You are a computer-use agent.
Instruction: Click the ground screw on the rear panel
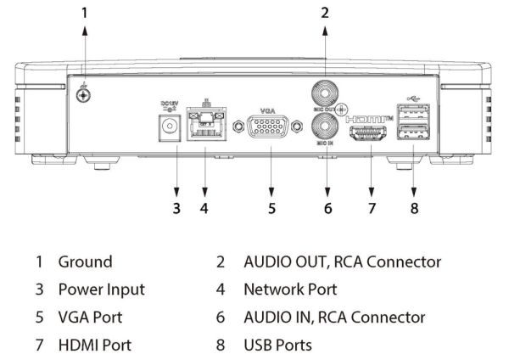[83, 95]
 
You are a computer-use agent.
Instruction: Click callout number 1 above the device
[84, 12]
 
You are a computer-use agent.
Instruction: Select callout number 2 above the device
[325, 12]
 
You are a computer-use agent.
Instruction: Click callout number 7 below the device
[370, 207]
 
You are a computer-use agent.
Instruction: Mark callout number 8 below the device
[413, 207]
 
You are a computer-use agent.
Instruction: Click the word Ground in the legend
[85, 262]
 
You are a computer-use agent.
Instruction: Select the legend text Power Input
[101, 290]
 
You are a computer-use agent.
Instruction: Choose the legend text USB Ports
[277, 346]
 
